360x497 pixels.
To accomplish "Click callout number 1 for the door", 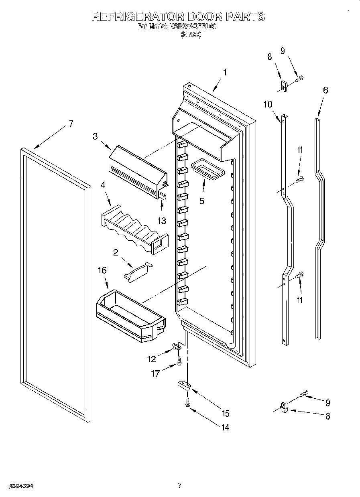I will [x=225, y=73].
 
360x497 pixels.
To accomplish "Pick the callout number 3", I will [x=95, y=136].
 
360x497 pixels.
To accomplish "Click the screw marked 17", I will [x=179, y=362].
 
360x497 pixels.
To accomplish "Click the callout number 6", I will [x=325, y=90].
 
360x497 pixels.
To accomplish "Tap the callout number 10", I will [x=268, y=104].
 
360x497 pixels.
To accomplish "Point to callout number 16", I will [x=102, y=270].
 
